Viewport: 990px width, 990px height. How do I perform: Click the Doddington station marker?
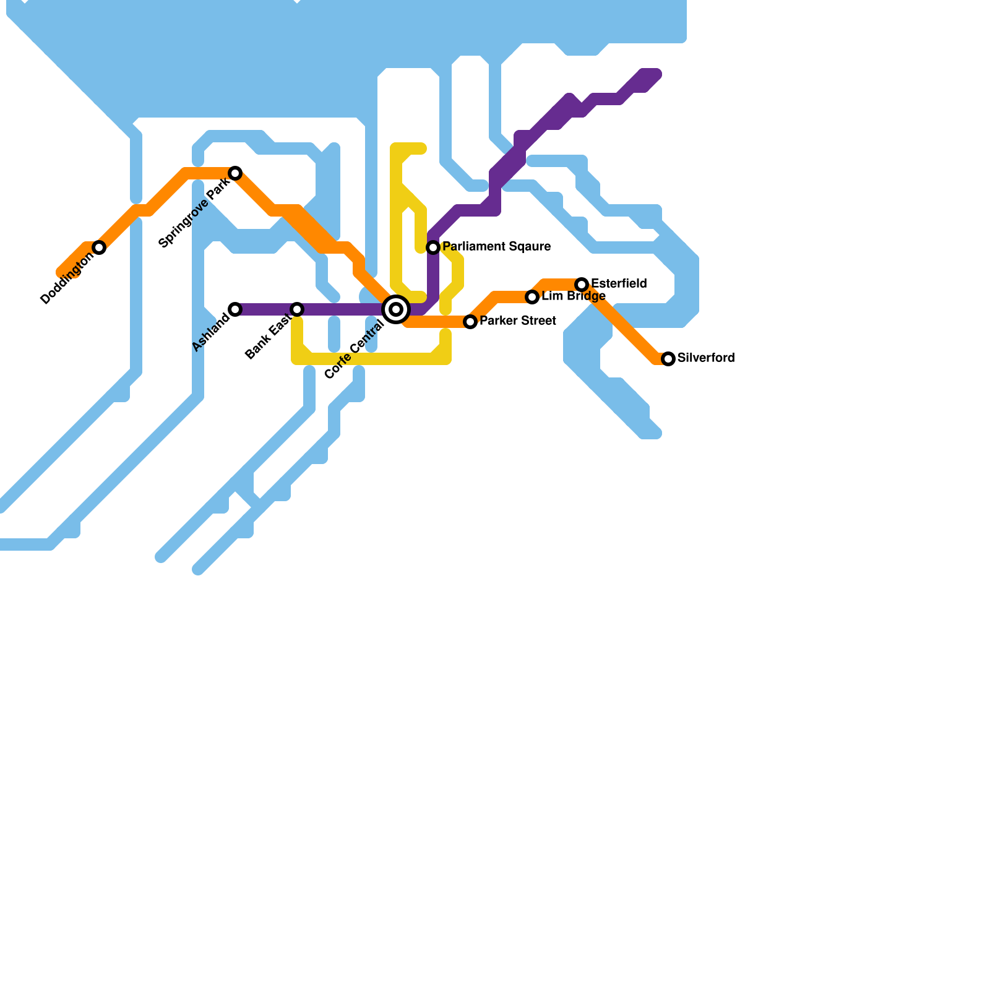(x=99, y=247)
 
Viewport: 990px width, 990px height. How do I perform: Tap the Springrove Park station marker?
(x=235, y=173)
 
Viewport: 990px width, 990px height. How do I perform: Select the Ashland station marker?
(x=235, y=309)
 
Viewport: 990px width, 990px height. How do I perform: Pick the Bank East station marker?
(x=297, y=309)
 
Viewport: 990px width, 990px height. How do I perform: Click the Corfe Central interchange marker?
(x=396, y=309)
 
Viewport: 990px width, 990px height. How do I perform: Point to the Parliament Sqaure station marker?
(x=433, y=247)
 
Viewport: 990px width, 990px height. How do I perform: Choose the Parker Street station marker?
(x=470, y=322)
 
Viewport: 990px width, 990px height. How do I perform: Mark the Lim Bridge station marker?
(x=532, y=297)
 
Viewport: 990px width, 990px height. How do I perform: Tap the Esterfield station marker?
(x=582, y=285)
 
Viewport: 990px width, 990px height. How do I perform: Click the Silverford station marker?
(x=668, y=359)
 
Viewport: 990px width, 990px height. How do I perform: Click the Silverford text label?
(x=706, y=358)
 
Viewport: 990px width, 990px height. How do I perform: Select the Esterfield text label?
(x=619, y=284)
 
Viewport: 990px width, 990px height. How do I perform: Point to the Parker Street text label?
(x=518, y=321)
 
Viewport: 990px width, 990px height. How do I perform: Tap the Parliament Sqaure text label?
(x=497, y=247)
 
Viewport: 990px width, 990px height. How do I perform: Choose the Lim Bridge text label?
(x=574, y=296)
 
